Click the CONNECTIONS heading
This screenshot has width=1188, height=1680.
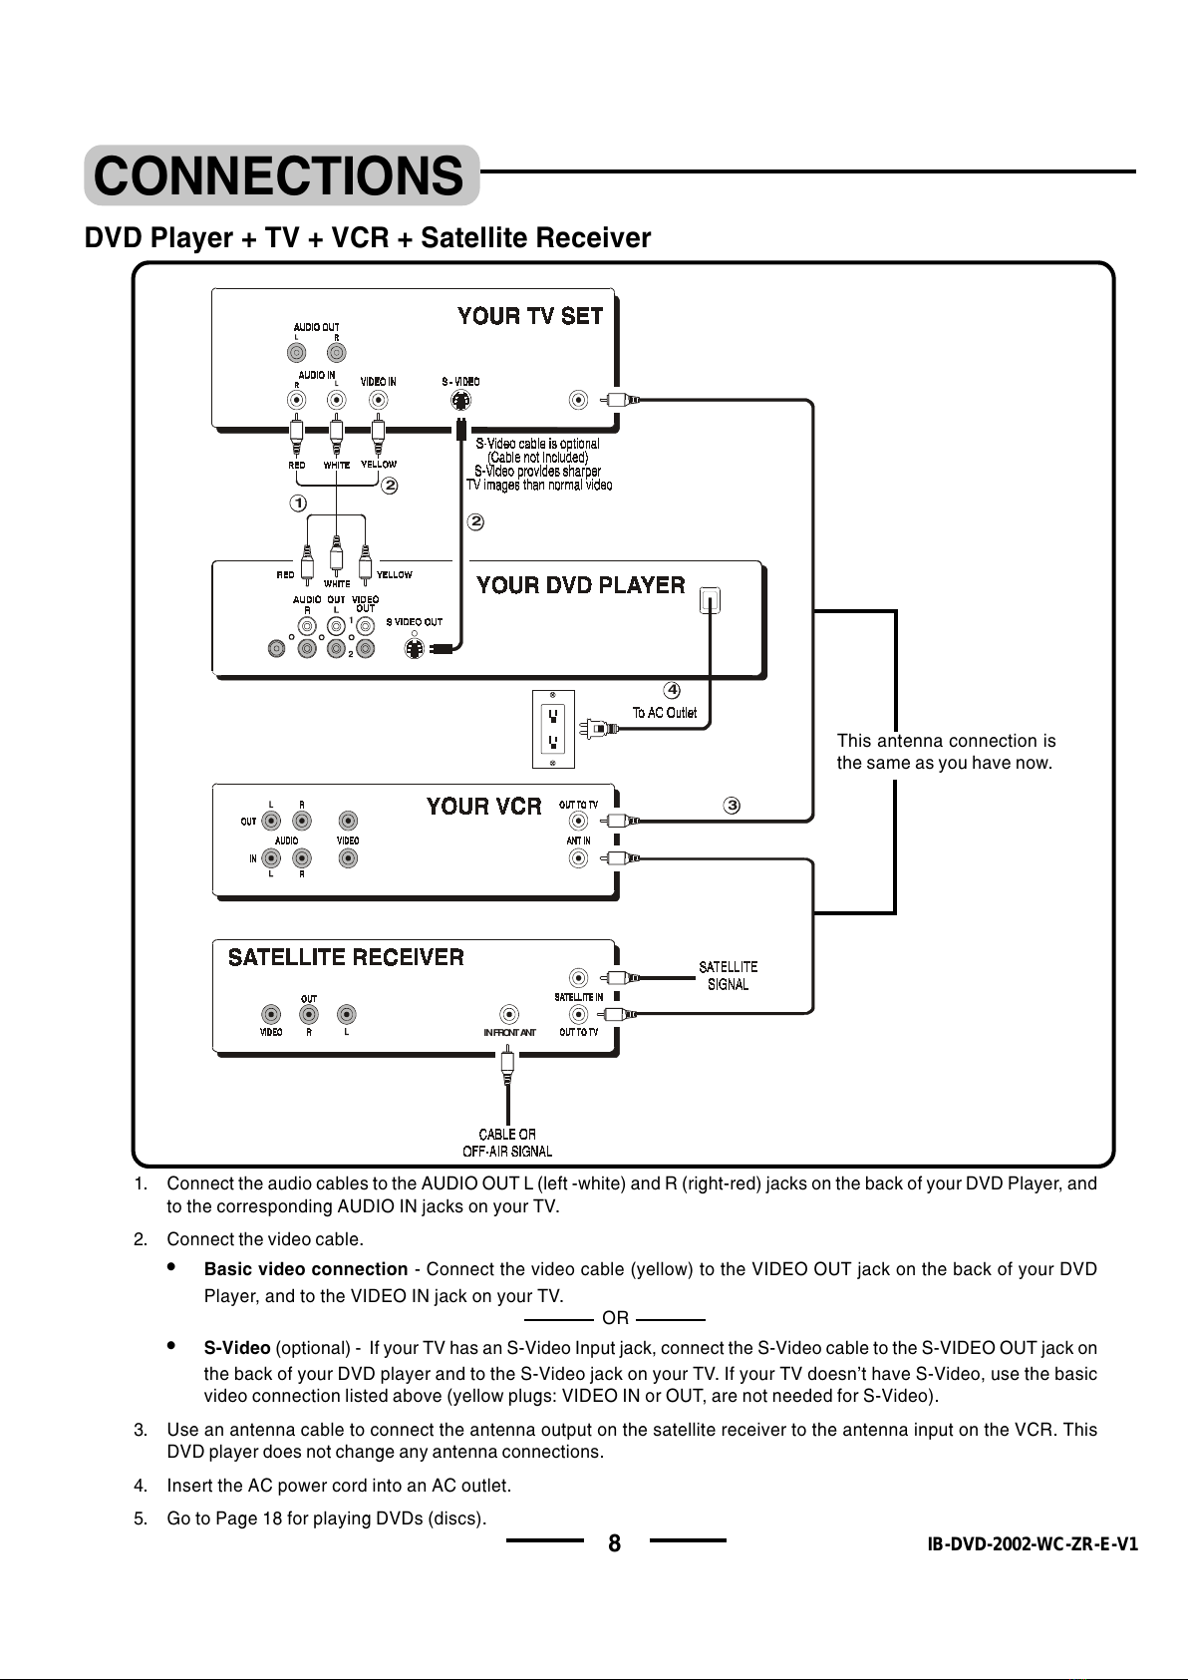pyautogui.click(x=279, y=175)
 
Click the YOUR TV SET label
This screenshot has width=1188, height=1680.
pyautogui.click(x=530, y=316)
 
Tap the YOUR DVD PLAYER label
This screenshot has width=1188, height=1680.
pyautogui.click(x=581, y=585)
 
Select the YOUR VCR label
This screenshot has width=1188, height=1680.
pyautogui.click(x=484, y=807)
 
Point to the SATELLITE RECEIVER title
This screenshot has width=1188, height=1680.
pyautogui.click(x=346, y=958)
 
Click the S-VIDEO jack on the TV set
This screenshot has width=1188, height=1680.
pyautogui.click(x=461, y=401)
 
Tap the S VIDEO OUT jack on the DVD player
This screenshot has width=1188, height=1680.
pyautogui.click(x=415, y=648)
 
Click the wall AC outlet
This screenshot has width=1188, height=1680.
pyautogui.click(x=553, y=729)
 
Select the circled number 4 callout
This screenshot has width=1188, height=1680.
pyautogui.click(x=672, y=690)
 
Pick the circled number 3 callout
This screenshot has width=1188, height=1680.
pyautogui.click(x=732, y=806)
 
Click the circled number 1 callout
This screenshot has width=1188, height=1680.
pyautogui.click(x=298, y=504)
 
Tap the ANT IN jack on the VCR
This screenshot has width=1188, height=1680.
pyautogui.click(x=579, y=858)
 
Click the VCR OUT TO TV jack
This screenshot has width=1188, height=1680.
pyautogui.click(x=579, y=821)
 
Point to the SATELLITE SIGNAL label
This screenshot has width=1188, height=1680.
pyautogui.click(x=729, y=976)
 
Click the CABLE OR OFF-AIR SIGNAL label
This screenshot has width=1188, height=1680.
pyautogui.click(x=507, y=1143)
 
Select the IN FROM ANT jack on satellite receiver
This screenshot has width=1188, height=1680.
pyautogui.click(x=509, y=1015)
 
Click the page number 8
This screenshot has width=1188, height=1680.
pyautogui.click(x=615, y=1542)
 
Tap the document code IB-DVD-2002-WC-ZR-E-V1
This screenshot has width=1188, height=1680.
pyautogui.click(x=1033, y=1543)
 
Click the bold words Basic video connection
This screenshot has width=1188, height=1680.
pyautogui.click(x=306, y=1269)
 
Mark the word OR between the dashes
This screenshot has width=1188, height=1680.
pyautogui.click(x=615, y=1318)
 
